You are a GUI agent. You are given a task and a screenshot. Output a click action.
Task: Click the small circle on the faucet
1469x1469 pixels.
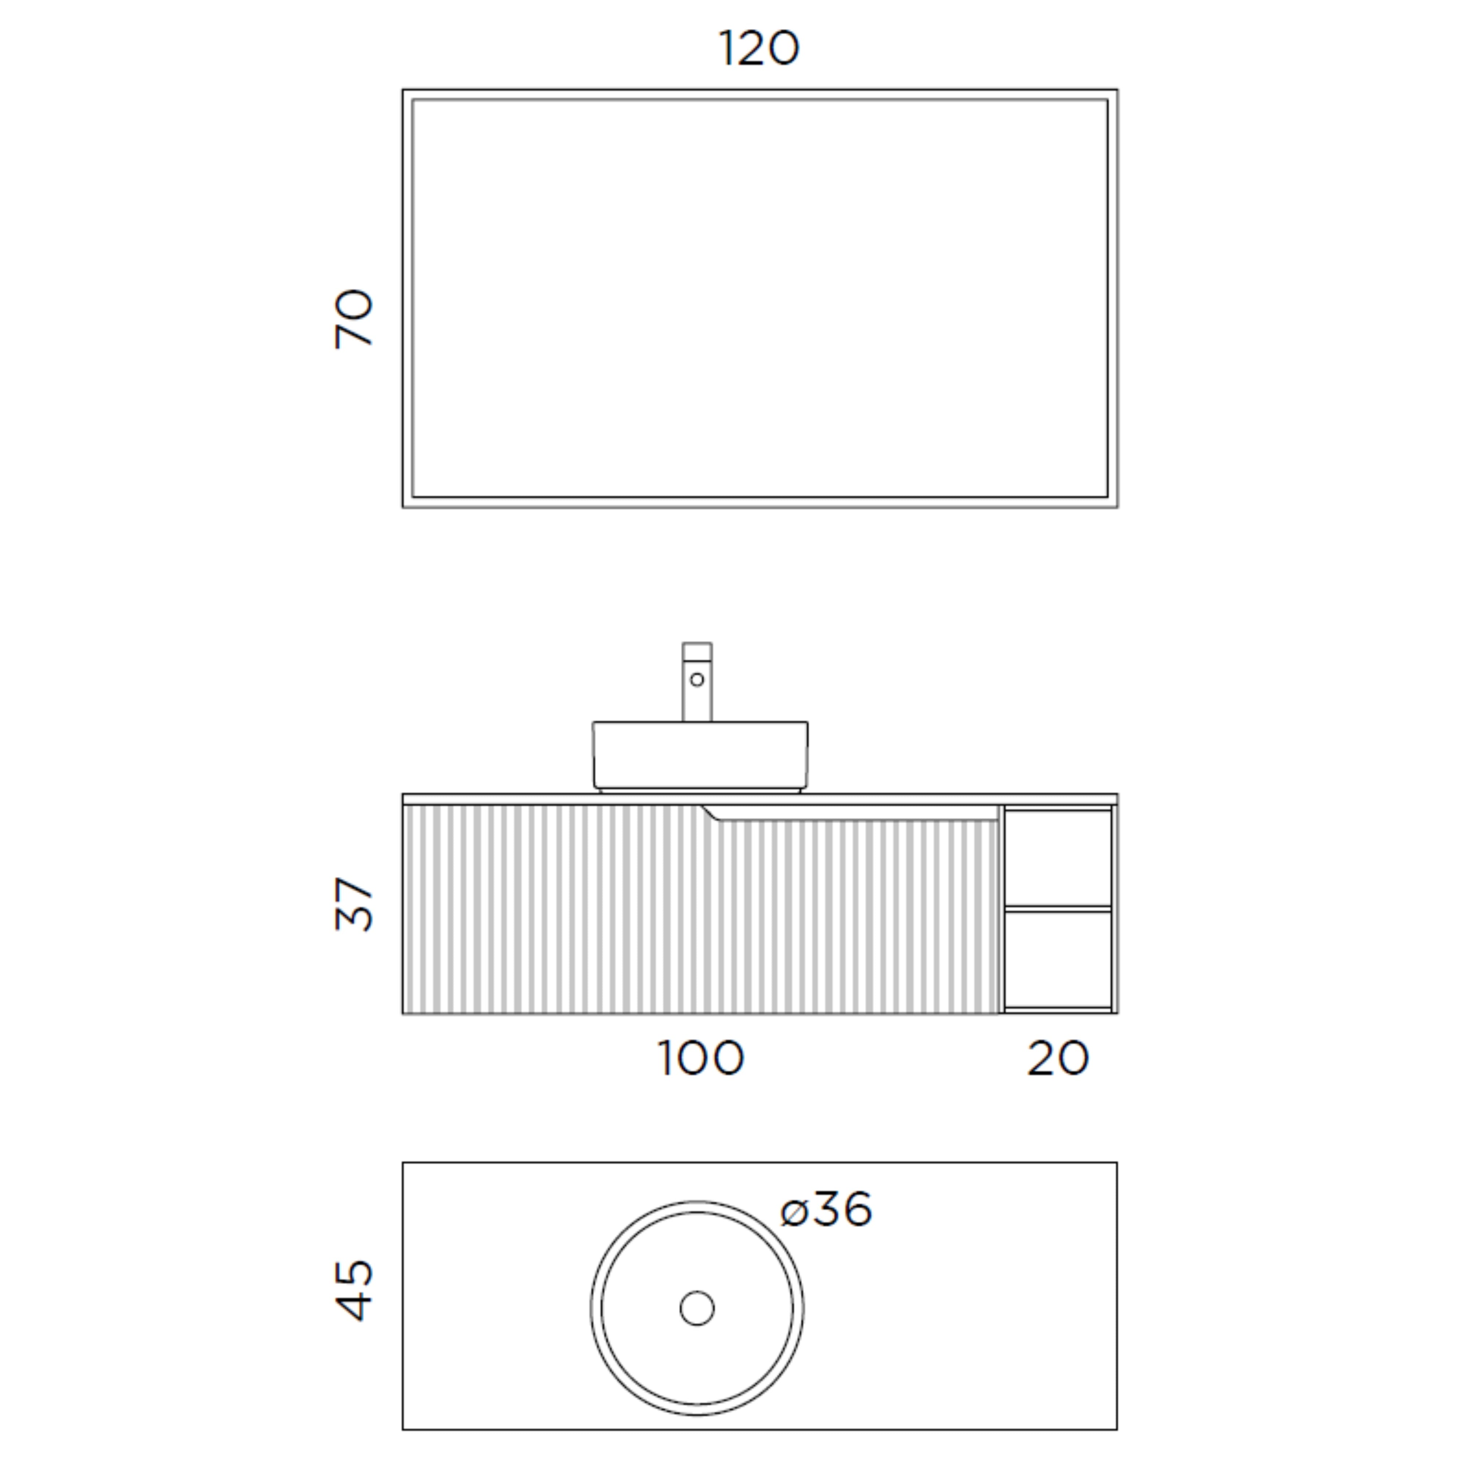click(696, 679)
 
